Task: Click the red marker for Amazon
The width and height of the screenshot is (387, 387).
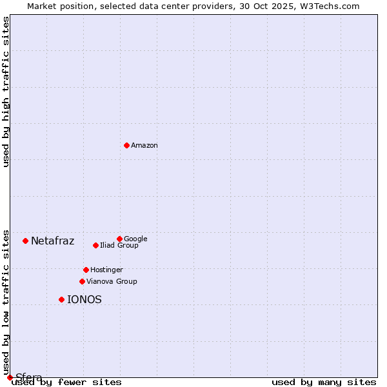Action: [x=126, y=145]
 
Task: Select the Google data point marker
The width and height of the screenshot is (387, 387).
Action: [x=119, y=239]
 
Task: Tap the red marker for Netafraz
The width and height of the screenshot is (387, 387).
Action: [x=25, y=241]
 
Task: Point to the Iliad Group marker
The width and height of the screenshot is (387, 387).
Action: [x=95, y=245]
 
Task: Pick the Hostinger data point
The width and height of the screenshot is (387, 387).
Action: [x=86, y=270]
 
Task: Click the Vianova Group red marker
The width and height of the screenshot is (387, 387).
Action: [x=82, y=281]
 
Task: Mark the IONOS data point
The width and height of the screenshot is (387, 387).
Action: [x=61, y=299]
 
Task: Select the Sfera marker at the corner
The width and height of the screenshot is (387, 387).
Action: [x=10, y=377]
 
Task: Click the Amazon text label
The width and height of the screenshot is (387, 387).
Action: [x=144, y=145]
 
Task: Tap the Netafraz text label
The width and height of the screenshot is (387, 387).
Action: [x=53, y=241]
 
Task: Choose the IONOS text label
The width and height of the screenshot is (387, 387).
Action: [x=84, y=300]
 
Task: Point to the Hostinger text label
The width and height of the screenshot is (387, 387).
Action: [x=106, y=270]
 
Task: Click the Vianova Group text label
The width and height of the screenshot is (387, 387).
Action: [x=112, y=281]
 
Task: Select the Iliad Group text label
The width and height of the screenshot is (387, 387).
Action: [x=119, y=245]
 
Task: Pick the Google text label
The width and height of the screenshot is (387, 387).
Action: [x=135, y=239]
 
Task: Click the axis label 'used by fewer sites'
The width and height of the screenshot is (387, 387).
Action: [x=66, y=382]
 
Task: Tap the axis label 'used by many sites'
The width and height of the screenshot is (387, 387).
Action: [x=324, y=382]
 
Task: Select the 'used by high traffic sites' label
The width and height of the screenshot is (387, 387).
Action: [x=6, y=92]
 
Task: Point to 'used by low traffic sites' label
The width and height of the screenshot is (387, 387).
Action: [x=6, y=302]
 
